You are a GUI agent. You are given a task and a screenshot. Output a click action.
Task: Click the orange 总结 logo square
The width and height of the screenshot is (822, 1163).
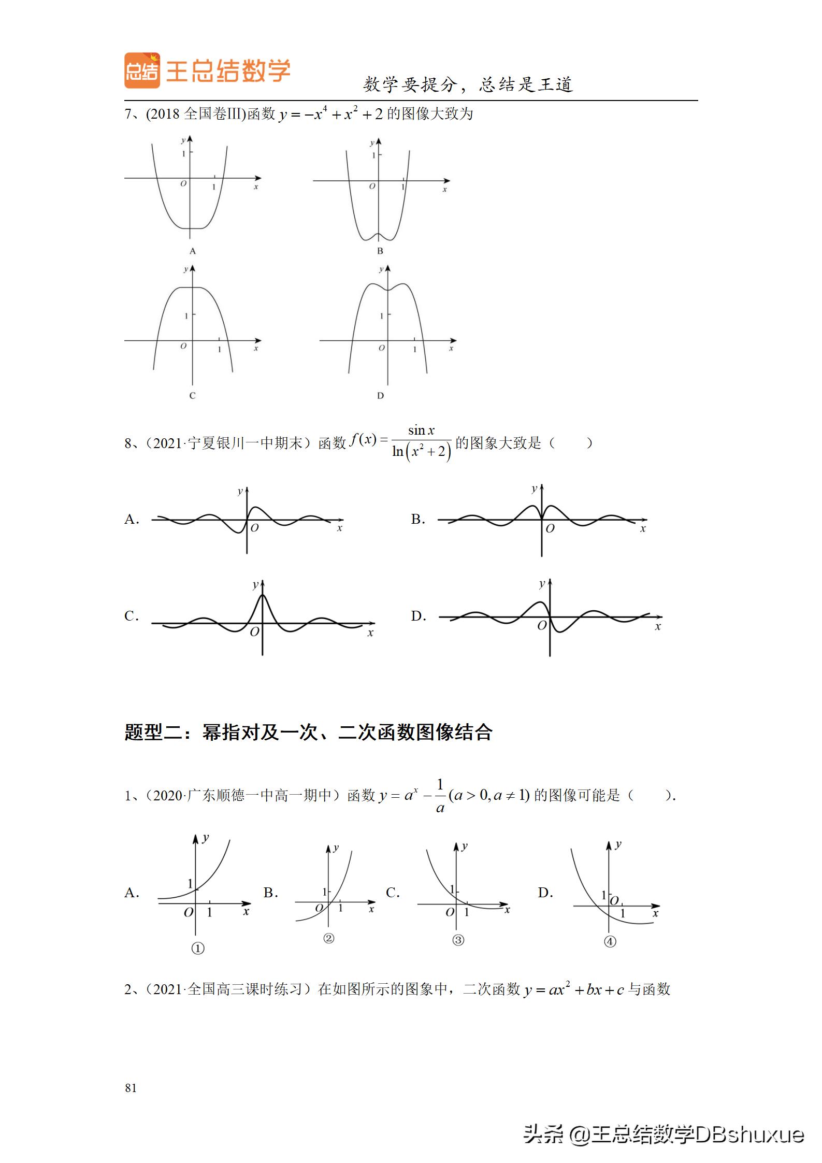click(142, 70)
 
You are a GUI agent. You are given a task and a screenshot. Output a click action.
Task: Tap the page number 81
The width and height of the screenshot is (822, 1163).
click(131, 1088)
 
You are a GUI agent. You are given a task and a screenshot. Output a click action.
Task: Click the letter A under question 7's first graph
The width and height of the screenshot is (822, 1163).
click(193, 251)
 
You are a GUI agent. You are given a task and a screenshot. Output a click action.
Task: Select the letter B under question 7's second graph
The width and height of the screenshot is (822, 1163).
click(380, 251)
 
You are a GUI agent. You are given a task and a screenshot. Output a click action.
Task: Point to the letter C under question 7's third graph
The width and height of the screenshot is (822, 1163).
click(192, 396)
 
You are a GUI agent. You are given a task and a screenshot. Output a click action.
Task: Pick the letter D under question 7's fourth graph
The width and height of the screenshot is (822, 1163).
click(380, 396)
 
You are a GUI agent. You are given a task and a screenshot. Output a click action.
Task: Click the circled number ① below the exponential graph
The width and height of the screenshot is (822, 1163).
click(198, 948)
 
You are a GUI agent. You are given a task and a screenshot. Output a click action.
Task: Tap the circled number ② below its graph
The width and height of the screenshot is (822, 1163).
click(328, 938)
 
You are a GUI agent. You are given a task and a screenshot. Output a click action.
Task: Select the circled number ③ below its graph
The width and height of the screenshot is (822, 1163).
click(458, 940)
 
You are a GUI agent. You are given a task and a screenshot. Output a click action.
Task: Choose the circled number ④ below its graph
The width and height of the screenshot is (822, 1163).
click(610, 941)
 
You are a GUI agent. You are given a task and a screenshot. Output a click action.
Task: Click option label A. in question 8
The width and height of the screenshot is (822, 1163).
click(132, 519)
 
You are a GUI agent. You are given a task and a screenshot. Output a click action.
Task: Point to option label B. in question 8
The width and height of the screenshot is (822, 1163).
click(418, 519)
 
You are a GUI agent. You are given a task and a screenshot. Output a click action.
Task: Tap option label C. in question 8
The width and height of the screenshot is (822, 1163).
click(132, 616)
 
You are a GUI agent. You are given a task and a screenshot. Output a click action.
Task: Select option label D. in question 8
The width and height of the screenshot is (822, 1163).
click(419, 616)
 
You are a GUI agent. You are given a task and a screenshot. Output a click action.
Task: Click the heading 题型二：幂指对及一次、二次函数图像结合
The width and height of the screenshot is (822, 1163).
click(308, 733)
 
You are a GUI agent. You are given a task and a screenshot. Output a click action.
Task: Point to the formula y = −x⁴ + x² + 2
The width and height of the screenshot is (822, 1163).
click(330, 114)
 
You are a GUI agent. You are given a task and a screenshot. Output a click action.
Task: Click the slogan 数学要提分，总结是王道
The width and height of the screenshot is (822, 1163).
click(468, 84)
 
